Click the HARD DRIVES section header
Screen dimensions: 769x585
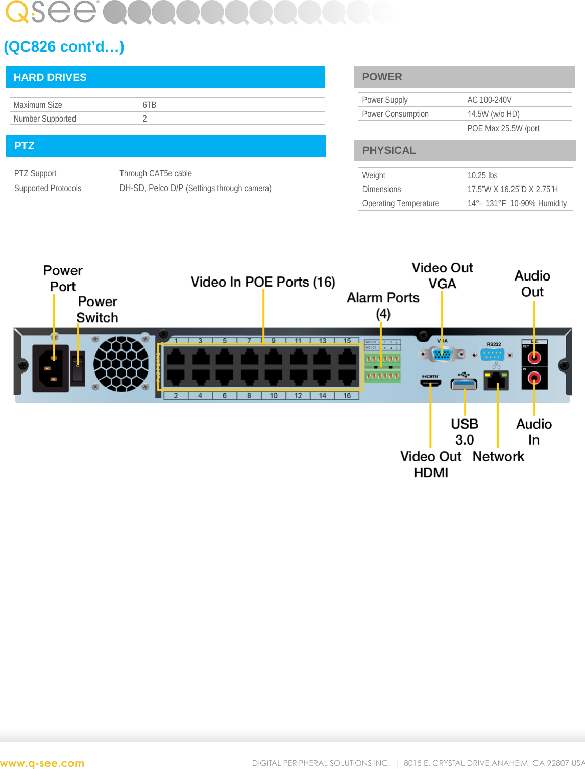point(50,77)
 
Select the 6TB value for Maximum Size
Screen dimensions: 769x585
point(149,105)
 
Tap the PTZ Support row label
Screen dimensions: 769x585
point(35,173)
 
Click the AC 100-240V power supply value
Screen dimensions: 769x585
point(489,100)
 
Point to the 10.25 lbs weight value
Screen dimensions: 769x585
point(482,175)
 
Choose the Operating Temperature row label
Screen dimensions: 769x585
point(400,203)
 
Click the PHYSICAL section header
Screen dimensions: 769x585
point(388,150)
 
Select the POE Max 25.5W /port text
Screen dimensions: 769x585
point(503,128)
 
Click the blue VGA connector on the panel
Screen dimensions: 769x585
point(442,354)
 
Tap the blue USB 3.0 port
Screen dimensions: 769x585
point(464,384)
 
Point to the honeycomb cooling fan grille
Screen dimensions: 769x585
point(121,364)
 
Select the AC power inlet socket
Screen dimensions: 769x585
point(51,367)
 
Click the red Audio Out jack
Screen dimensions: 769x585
point(534,357)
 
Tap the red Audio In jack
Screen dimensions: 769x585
point(534,379)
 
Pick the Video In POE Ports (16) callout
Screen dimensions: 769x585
point(263,282)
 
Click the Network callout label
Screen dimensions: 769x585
point(498,456)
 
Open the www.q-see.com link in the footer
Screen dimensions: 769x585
point(42,763)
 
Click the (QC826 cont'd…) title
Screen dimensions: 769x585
point(64,46)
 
